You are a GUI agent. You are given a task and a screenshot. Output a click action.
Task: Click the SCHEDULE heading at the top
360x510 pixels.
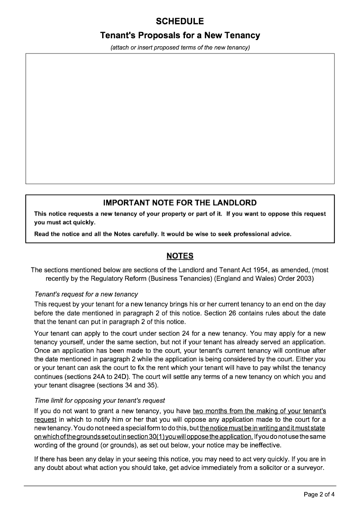pyautogui.click(x=180, y=21)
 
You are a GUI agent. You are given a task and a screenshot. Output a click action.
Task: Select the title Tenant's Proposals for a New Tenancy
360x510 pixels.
pyautogui.click(x=180, y=35)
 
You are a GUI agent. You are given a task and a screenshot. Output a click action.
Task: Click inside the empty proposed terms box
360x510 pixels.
pyautogui.click(x=180, y=118)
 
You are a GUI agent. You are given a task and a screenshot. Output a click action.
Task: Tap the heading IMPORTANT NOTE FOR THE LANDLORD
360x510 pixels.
pyautogui.click(x=180, y=203)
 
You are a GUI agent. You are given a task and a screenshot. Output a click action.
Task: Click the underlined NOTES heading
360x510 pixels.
pyautogui.click(x=180, y=256)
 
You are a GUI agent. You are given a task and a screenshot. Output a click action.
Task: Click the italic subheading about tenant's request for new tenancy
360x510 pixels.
pyautogui.click(x=86, y=294)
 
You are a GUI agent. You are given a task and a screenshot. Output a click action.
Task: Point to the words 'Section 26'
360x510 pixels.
pyautogui.click(x=219, y=313)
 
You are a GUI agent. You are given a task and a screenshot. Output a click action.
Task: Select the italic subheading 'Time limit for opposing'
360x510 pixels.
pyautogui.click(x=99, y=401)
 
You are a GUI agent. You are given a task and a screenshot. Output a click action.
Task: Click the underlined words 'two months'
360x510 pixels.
pyautogui.click(x=209, y=411)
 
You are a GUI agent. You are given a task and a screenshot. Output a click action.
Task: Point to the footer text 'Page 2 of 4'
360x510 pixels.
pyautogui.click(x=319, y=495)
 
